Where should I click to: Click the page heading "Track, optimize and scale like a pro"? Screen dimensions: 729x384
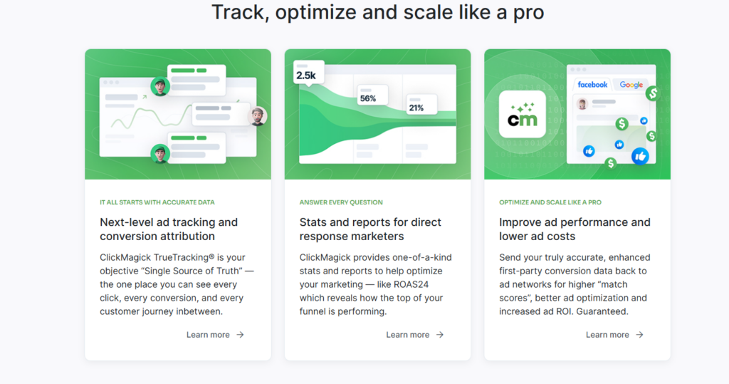pos(377,13)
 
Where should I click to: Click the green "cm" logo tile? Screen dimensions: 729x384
pos(522,115)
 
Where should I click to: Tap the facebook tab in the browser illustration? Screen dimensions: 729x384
pos(592,85)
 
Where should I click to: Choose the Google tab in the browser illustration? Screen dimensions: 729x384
pos(631,85)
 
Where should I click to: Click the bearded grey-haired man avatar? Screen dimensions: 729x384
pos(257,116)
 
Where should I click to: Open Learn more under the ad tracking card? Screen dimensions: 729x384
pos(215,335)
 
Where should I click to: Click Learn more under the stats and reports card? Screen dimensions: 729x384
pos(415,335)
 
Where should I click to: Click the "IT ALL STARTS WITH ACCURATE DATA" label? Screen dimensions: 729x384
pos(157,202)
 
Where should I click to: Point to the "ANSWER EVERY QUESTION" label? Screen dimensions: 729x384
pos(341,202)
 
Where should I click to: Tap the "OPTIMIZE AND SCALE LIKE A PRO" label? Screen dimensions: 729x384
pos(550,202)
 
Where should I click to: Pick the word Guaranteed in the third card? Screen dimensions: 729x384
pos(602,311)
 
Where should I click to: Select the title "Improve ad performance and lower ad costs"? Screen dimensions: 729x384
pos(575,229)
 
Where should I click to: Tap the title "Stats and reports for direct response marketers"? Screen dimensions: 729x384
pos(370,229)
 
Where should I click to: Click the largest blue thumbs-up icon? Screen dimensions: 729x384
pos(640,157)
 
